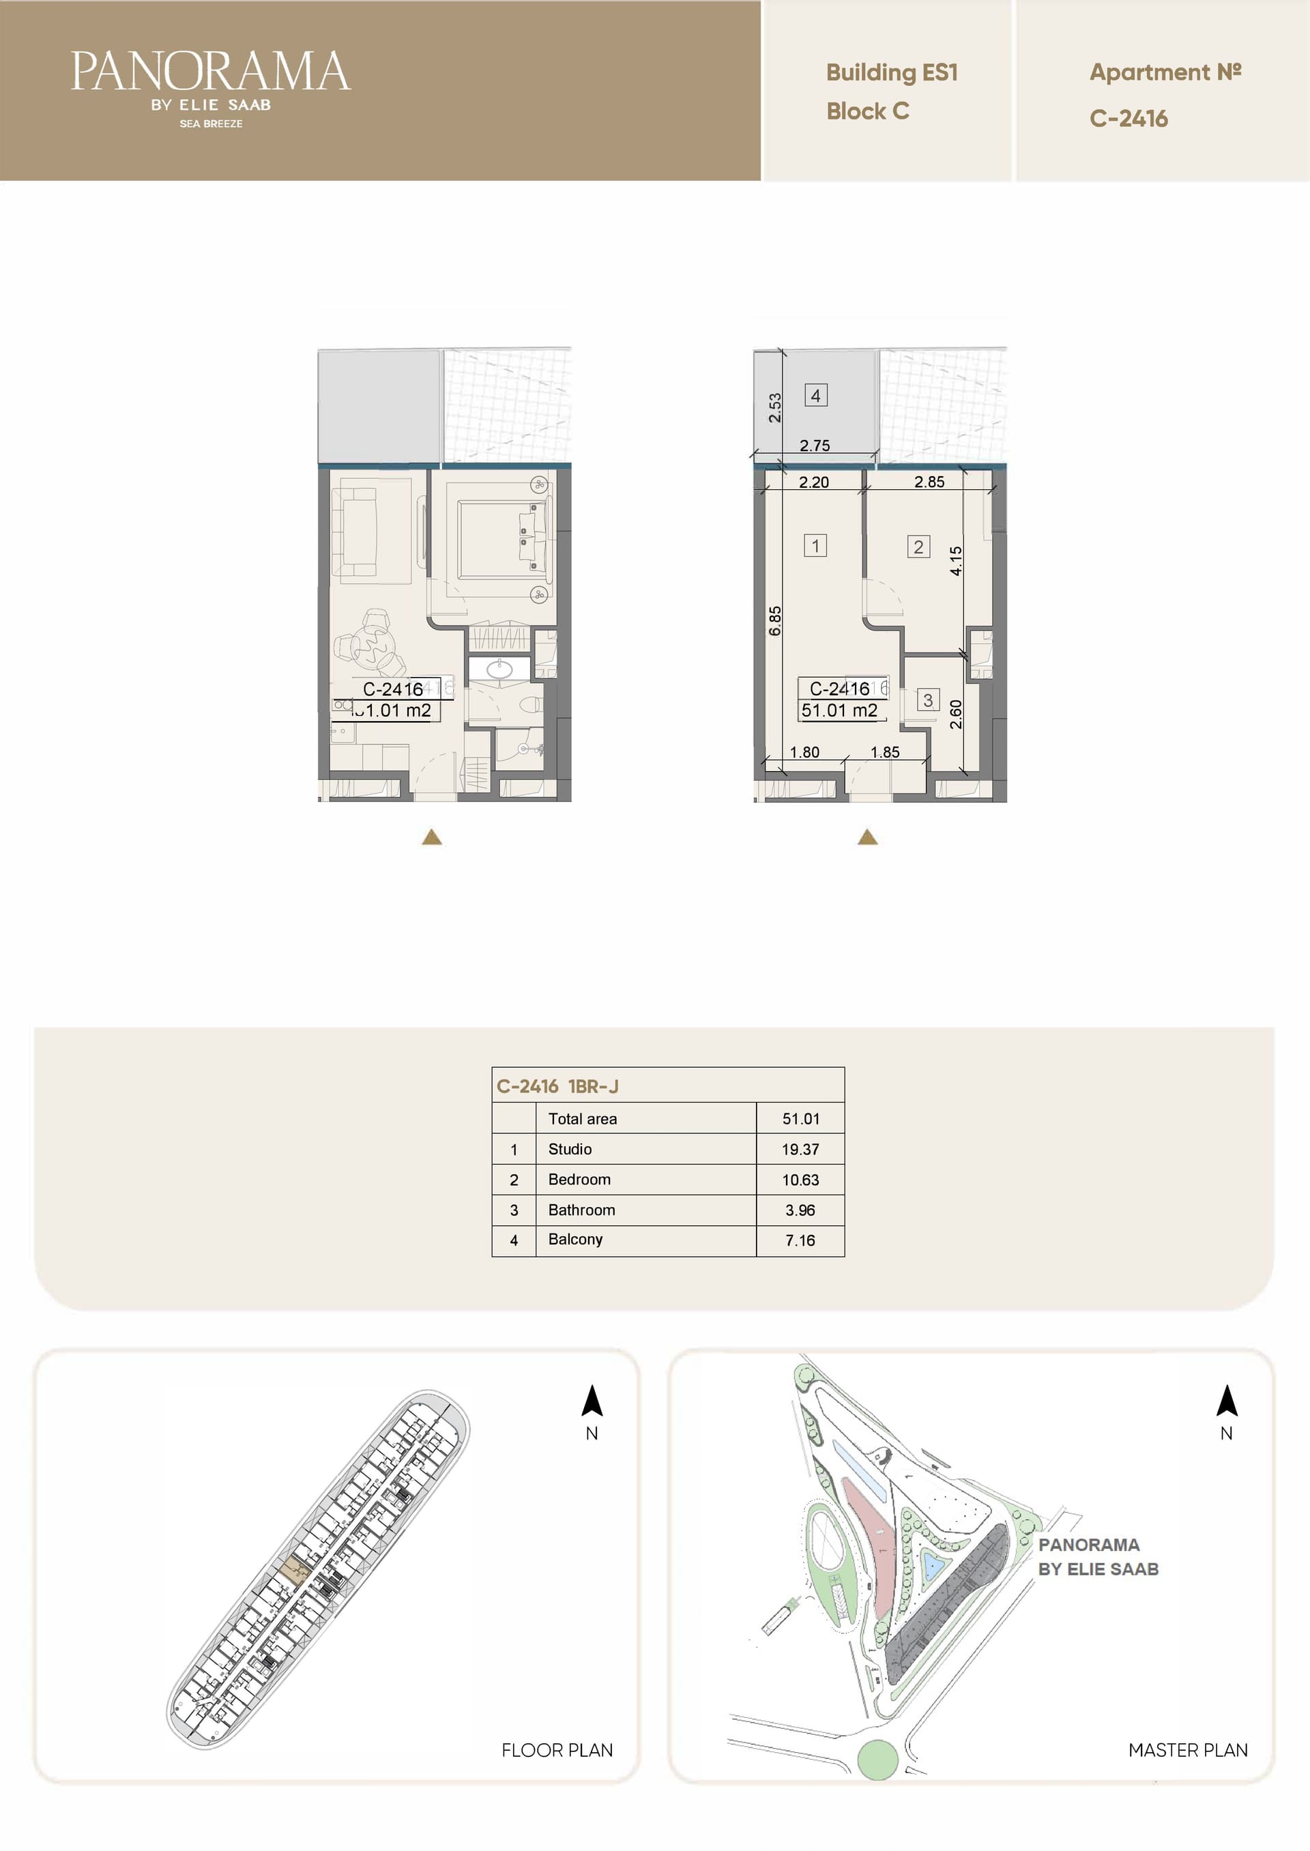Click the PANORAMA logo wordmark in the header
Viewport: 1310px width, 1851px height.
(211, 72)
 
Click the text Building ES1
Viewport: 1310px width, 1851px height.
(891, 72)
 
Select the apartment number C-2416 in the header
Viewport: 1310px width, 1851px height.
(1129, 119)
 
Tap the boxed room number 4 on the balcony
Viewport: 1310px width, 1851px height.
(815, 395)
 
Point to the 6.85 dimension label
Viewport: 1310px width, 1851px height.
(774, 621)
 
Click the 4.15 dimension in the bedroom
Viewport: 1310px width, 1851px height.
(956, 561)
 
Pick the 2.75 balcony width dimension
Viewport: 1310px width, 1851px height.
(815, 446)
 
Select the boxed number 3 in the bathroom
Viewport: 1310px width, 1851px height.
(928, 699)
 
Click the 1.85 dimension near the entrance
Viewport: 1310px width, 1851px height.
(885, 752)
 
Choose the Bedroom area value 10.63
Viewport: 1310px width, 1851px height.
(800, 1179)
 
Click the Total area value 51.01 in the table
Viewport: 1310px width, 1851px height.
(800, 1119)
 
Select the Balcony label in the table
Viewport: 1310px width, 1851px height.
(575, 1239)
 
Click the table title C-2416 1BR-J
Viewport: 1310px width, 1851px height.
(557, 1086)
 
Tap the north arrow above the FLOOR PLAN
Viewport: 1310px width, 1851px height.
(592, 1400)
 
